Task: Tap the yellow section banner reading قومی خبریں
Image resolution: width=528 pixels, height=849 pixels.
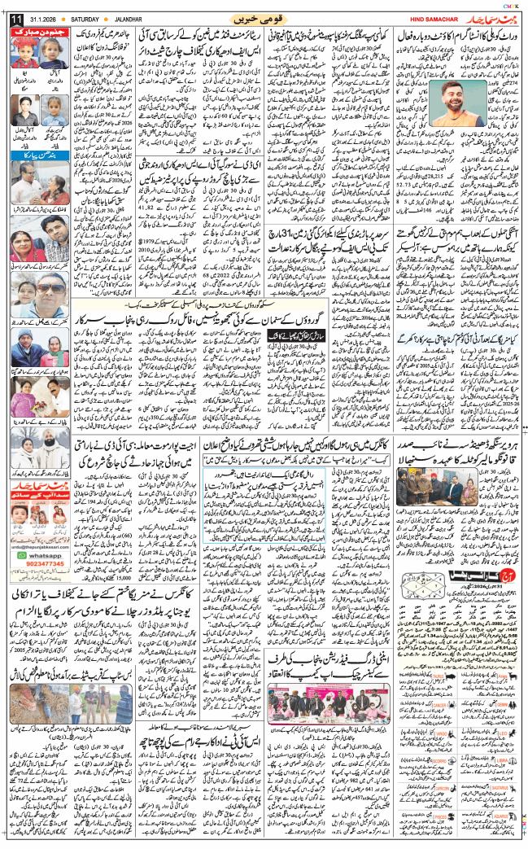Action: point(259,18)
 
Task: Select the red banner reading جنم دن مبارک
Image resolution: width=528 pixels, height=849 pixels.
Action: point(40,33)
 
